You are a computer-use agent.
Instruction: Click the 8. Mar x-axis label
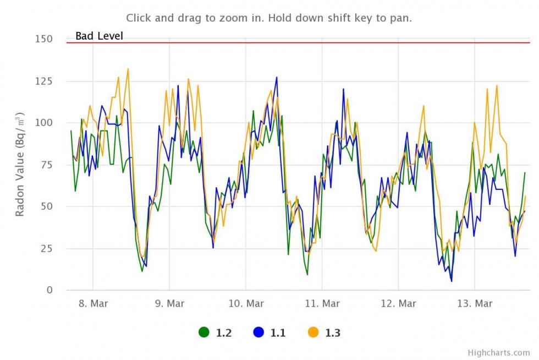93,303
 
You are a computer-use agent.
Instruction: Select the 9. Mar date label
169,303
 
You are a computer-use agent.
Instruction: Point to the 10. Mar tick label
246,303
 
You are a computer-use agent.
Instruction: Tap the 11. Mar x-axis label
322,303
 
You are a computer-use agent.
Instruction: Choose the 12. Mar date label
399,303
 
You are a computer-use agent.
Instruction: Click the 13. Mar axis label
475,303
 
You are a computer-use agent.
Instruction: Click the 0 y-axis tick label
50,290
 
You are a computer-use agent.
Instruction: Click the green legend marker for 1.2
204,332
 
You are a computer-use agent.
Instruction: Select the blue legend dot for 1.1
258,332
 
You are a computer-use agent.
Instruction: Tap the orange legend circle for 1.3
313,332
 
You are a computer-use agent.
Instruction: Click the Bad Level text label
99,36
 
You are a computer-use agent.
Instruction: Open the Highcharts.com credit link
499,353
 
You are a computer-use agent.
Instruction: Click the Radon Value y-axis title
20,165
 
